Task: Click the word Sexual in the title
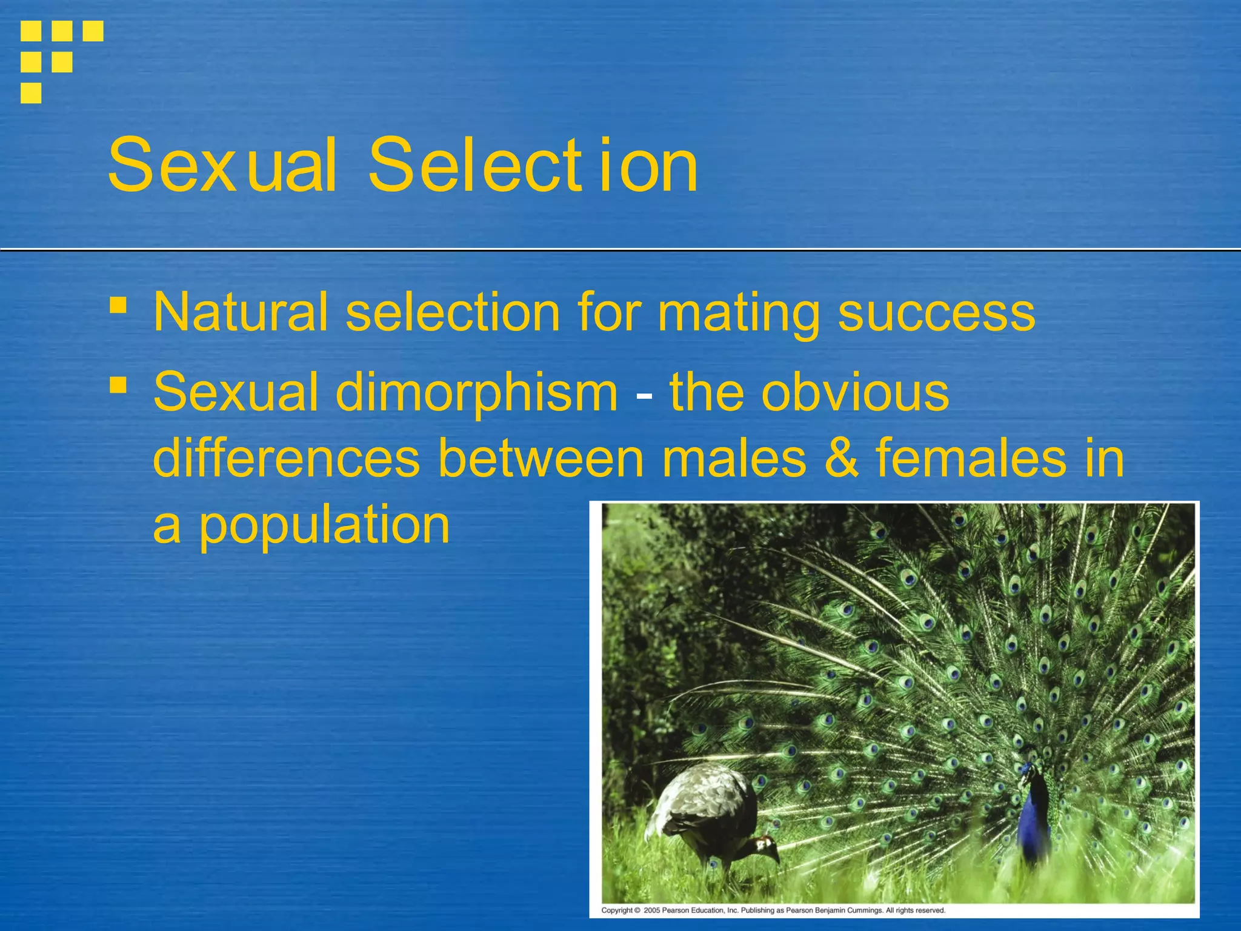pos(222,165)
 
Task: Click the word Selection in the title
pos(533,165)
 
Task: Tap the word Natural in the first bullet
pos(240,313)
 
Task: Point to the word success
pos(936,313)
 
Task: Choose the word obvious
pos(854,393)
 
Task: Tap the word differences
pos(286,458)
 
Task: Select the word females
pos(970,458)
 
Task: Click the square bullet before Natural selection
pos(118,305)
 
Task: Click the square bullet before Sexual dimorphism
pos(118,385)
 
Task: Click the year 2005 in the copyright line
pos(651,910)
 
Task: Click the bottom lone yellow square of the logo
pos(31,93)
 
